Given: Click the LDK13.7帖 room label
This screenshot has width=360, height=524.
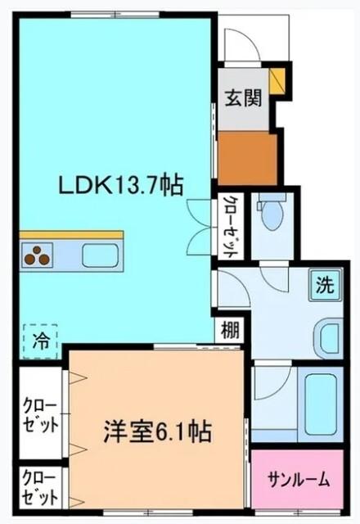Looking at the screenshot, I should click(x=119, y=186).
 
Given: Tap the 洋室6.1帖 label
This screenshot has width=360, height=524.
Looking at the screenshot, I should click(x=157, y=431).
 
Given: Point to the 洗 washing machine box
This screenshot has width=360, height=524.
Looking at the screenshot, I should click(x=326, y=287).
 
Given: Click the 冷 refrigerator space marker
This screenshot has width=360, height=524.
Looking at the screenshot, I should click(x=39, y=342).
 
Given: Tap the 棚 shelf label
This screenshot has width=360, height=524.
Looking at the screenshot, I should click(x=230, y=332).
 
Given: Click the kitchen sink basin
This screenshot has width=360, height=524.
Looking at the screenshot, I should click(x=99, y=255).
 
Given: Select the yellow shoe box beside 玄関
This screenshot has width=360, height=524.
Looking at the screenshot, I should click(x=277, y=80).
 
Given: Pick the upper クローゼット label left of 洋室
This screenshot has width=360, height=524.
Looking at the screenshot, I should click(x=39, y=415).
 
